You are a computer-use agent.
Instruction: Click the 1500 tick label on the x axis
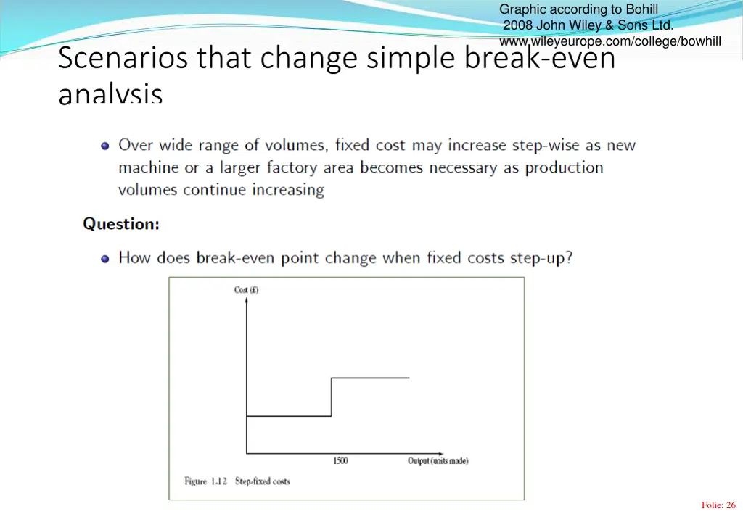pyautogui.click(x=340, y=461)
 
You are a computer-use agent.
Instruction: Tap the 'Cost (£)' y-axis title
pyautogui.click(x=247, y=290)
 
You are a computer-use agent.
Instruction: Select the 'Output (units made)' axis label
pyautogui.click(x=438, y=461)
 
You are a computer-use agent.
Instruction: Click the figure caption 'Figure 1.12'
pyautogui.click(x=206, y=481)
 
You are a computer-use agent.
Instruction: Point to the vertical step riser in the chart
pyautogui.click(x=332, y=397)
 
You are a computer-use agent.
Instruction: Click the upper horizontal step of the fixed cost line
pyautogui.click(x=370, y=378)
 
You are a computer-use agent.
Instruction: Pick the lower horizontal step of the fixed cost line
pyautogui.click(x=289, y=416)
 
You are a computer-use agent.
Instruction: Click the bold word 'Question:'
pyautogui.click(x=121, y=224)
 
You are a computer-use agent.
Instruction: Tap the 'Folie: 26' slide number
pyautogui.click(x=718, y=505)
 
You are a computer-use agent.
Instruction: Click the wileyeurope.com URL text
pyautogui.click(x=610, y=41)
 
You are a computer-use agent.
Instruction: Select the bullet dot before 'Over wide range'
pyautogui.click(x=105, y=146)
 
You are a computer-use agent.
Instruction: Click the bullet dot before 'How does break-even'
pyautogui.click(x=105, y=258)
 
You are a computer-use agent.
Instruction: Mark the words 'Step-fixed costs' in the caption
pyautogui.click(x=262, y=481)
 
